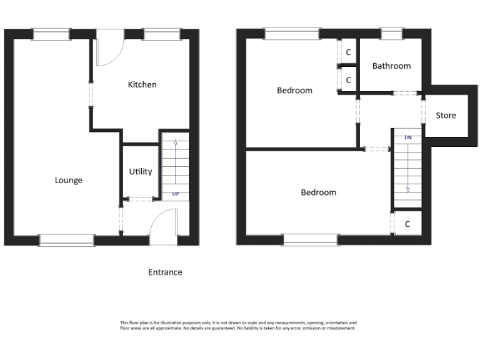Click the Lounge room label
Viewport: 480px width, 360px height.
click(69, 181)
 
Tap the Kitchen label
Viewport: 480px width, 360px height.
click(142, 84)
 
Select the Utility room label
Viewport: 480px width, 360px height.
click(140, 171)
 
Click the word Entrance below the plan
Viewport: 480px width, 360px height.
click(165, 272)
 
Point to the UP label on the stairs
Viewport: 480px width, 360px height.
click(176, 194)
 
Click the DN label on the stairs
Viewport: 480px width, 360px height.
click(408, 137)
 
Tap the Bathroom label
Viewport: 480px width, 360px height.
click(391, 66)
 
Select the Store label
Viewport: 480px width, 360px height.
click(446, 115)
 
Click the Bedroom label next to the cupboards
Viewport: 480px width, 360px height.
click(294, 90)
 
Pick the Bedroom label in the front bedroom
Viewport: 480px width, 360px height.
click(318, 192)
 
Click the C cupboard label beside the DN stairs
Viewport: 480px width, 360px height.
click(407, 224)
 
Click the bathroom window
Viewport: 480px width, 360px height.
click(391, 33)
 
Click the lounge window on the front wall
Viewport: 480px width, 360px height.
click(66, 240)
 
